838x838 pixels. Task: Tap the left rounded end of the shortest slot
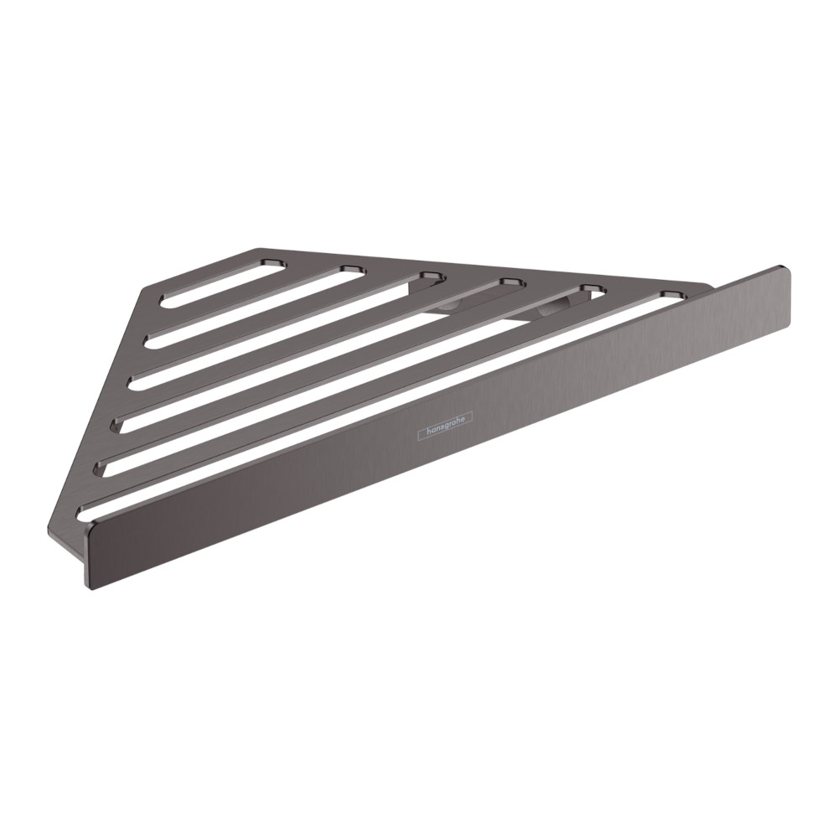point(166,303)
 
